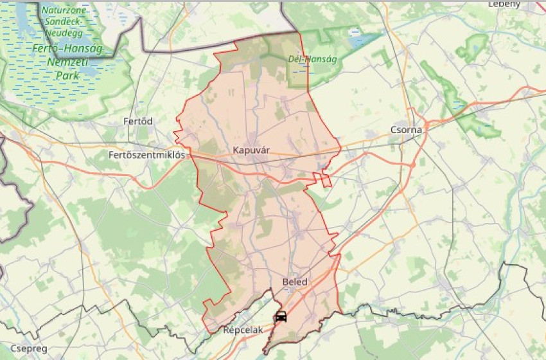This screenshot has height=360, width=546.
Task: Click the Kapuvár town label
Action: click(x=252, y=150)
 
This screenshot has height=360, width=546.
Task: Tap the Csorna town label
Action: click(x=406, y=130)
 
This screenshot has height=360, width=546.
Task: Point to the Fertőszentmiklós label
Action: click(x=146, y=155)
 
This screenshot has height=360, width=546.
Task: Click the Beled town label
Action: click(x=295, y=282)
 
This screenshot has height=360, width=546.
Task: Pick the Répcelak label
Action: click(x=243, y=330)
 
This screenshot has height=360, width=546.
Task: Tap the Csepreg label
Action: click(x=24, y=348)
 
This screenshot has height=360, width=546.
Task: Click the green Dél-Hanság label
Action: click(x=312, y=60)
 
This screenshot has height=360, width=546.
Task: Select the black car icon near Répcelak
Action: click(x=281, y=317)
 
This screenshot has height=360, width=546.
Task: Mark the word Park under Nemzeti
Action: click(x=66, y=75)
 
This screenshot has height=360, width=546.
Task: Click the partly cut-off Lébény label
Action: click(x=504, y=3)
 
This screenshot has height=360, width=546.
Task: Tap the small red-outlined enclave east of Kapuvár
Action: click(x=326, y=179)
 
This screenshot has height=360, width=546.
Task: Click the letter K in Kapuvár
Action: click(x=237, y=150)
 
